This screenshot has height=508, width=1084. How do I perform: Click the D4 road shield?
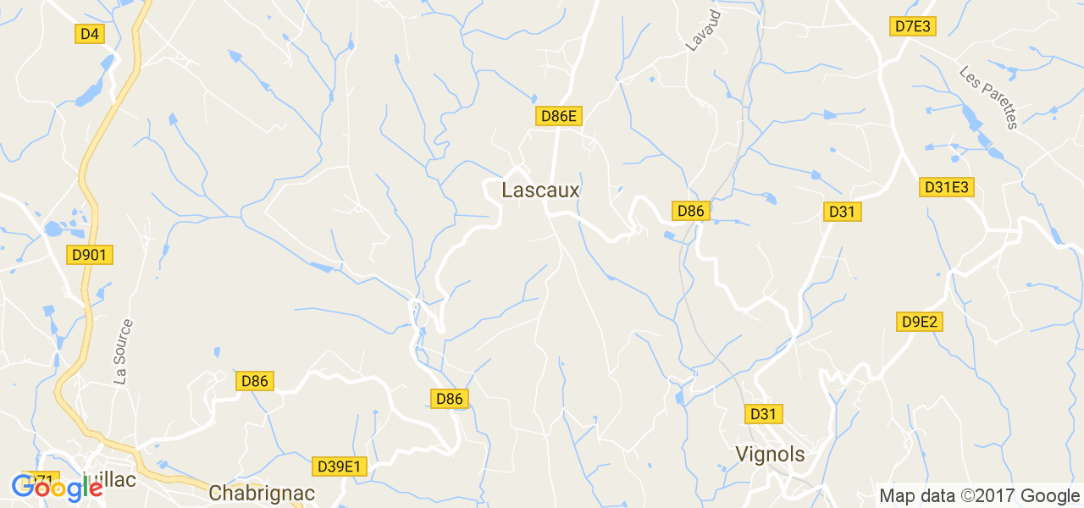coord(89,34)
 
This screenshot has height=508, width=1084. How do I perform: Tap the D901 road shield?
coord(90,254)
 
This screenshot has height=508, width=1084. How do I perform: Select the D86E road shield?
coord(559,117)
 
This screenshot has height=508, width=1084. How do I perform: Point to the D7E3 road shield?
coord(913,26)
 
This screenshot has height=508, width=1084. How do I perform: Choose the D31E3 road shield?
coord(948,187)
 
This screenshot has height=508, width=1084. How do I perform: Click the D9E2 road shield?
coord(920,322)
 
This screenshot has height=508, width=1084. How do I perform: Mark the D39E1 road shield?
coord(339,467)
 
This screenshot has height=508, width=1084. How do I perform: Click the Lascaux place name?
coord(540,190)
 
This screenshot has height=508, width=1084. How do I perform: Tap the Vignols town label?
coord(770,455)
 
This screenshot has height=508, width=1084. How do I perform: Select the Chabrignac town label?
coord(262,493)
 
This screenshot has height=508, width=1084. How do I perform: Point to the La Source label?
coord(124,352)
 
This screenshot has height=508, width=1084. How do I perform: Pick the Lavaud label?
coord(703,31)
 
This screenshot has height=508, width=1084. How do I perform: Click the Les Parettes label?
coord(987,97)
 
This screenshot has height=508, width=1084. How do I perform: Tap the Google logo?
coord(57,488)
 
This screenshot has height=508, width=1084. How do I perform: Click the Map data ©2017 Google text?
coord(978,495)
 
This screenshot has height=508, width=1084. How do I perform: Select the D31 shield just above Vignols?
coord(763,414)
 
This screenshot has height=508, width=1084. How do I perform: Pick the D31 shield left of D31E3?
coord(842,212)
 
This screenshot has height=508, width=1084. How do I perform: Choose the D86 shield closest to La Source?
coord(254,381)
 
